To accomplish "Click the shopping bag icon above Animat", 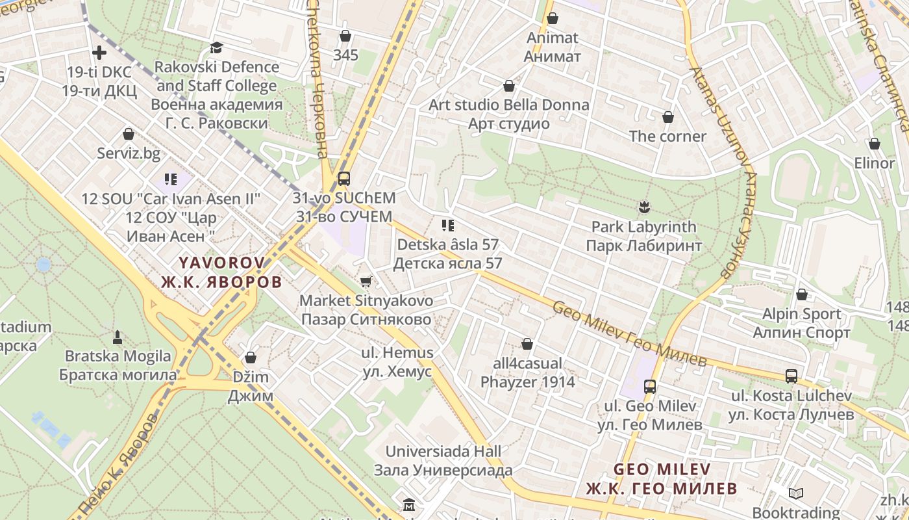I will (553, 18).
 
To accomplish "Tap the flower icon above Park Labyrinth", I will (643, 207).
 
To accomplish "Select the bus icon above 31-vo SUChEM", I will (343, 179).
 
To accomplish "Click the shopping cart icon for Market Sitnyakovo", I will (366, 281).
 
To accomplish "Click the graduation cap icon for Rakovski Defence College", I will (216, 47).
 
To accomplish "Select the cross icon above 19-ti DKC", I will (99, 52).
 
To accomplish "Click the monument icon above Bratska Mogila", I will (118, 337).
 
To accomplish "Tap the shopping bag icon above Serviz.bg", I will (129, 134).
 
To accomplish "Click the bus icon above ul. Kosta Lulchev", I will (791, 376).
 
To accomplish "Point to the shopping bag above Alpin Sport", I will (802, 294).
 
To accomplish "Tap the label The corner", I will (667, 136).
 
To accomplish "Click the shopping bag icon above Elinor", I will (875, 144).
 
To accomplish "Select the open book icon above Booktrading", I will (796, 494).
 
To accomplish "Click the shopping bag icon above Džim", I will (251, 357).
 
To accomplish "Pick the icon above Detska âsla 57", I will (447, 226).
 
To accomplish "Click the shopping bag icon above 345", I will (345, 36).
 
